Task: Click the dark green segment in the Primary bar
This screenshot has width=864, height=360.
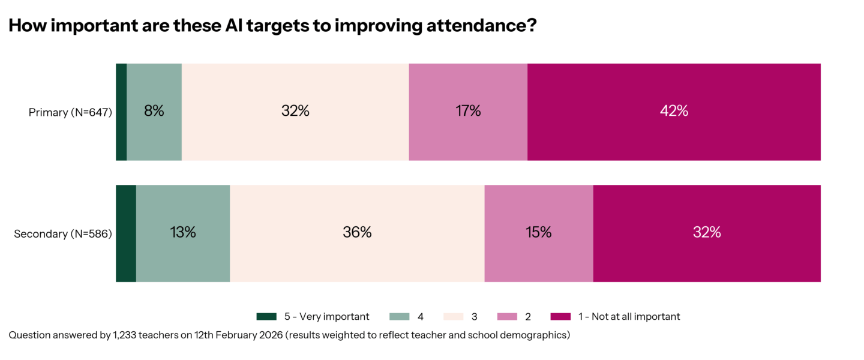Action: coord(121,112)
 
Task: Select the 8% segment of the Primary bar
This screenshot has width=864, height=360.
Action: coord(154,112)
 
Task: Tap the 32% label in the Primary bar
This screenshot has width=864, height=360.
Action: coord(295,111)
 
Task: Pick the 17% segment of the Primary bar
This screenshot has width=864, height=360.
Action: coord(467,111)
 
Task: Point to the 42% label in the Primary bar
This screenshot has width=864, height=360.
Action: coord(674,111)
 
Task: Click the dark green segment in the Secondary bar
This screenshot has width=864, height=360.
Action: coord(126,233)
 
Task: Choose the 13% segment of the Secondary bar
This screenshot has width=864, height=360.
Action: coord(182,233)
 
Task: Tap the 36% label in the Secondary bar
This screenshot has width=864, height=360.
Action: coord(357,232)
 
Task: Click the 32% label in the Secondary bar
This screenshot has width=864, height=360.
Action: coord(707,232)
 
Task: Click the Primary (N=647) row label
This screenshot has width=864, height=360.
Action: coord(70,112)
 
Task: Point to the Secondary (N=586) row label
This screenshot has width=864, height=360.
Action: coord(63,233)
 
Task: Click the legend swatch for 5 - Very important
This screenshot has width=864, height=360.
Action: coord(266,316)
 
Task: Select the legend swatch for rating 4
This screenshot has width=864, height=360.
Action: coord(400,316)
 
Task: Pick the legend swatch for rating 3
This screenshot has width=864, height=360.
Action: coord(454,316)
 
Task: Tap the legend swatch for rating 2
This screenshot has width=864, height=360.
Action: coord(508,316)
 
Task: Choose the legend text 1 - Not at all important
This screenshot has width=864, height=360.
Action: coord(629,316)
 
